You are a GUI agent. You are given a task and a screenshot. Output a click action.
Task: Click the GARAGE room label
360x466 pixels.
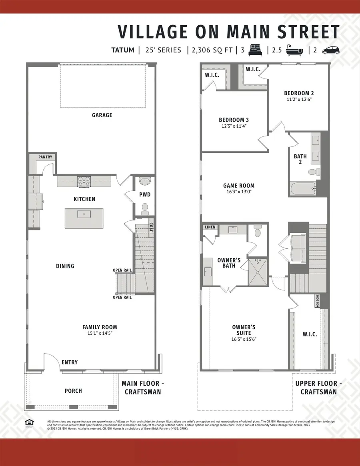[102, 115]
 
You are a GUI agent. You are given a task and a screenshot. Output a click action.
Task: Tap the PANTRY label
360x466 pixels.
[45, 157]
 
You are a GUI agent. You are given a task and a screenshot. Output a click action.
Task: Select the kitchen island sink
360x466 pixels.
[84, 214]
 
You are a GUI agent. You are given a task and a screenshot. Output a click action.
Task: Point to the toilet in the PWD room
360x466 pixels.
[145, 208]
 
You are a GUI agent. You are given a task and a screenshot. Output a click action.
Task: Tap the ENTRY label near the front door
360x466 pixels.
[70, 362]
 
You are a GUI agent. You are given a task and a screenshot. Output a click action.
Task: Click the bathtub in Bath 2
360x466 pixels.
[304, 188]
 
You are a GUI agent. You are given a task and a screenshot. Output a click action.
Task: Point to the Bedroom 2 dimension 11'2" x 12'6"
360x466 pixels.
[299, 100]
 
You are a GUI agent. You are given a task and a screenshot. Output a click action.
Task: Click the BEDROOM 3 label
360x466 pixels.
[234, 120]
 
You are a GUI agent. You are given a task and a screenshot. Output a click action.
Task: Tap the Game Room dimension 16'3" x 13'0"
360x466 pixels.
[238, 192]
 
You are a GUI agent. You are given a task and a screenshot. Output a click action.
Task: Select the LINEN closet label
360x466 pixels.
[210, 227]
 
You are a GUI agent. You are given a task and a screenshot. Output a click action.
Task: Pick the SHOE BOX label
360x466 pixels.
[318, 301]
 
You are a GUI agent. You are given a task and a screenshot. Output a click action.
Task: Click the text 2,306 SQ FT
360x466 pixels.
[211, 50]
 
